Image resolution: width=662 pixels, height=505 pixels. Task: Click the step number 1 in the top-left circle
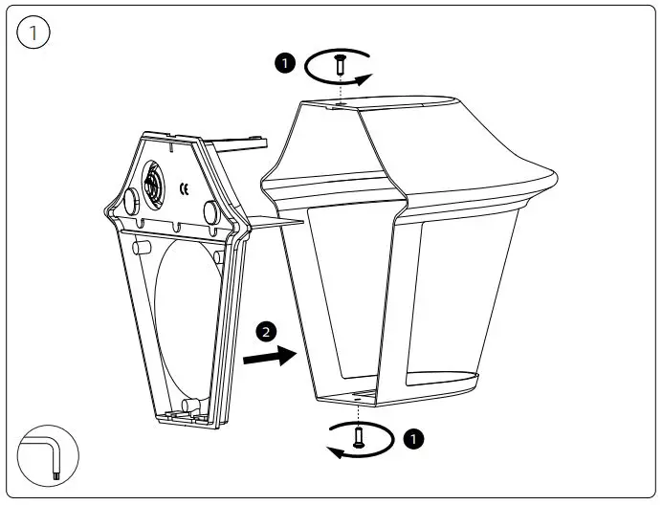click(35, 33)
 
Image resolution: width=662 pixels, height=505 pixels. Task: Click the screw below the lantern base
click(358, 437)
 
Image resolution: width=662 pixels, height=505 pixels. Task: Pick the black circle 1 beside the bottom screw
click(412, 439)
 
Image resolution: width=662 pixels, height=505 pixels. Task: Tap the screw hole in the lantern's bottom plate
click(356, 396)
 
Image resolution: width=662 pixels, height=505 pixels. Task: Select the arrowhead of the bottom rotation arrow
click(334, 451)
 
